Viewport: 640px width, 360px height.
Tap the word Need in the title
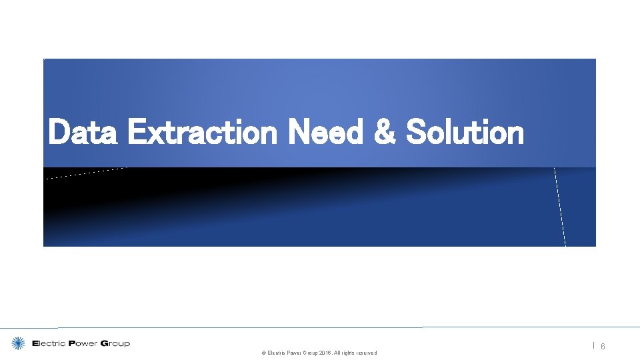point(325,132)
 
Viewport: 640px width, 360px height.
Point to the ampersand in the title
point(385,132)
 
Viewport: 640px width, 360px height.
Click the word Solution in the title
point(465,132)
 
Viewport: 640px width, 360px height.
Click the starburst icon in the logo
point(19,343)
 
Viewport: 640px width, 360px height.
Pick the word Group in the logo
point(115,344)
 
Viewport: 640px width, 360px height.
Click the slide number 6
point(603,347)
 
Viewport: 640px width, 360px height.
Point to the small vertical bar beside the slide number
point(593,345)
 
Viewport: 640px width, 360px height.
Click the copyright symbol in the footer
point(263,353)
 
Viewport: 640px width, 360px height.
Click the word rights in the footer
point(347,353)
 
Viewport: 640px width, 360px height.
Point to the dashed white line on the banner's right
point(559,207)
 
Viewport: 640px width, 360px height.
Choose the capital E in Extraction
point(135,132)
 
